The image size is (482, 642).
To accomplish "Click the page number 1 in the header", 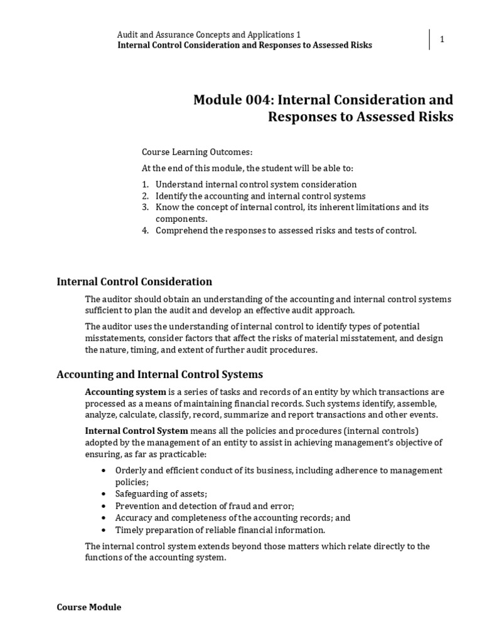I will coord(442,39).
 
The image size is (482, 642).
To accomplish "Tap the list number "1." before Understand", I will coord(145,184).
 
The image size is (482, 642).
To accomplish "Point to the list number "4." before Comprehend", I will coord(145,230).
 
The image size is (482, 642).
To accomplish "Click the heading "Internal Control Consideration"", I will coord(134,282).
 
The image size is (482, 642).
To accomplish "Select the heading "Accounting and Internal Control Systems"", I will coord(159,374).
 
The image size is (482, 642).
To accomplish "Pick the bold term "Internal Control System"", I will coord(136,431).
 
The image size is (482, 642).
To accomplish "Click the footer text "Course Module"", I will coord(89,607).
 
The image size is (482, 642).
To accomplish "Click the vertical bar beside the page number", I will coord(430,39).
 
